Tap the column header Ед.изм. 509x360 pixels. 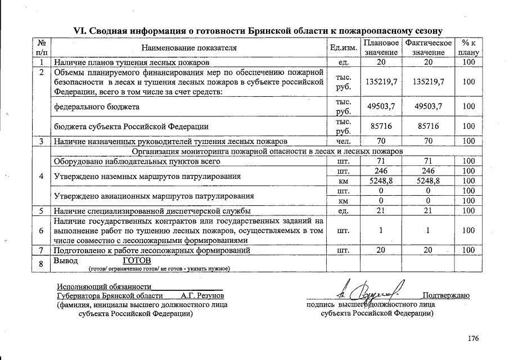[x=343, y=48]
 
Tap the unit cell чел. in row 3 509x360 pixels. [x=343, y=141]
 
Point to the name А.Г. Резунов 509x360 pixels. [x=202, y=295]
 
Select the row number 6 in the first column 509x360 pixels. [x=42, y=231]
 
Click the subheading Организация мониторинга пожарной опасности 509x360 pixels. [x=267, y=151]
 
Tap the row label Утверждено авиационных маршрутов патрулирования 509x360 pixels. [x=154, y=196]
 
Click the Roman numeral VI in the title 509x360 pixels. [x=82, y=30]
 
